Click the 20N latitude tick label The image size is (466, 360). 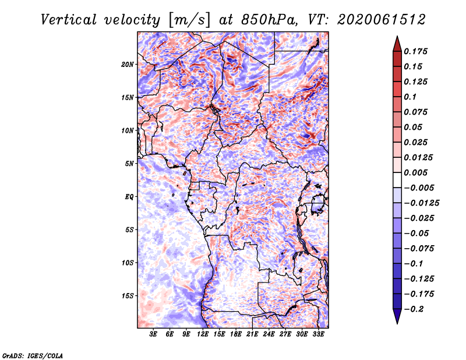point(128,65)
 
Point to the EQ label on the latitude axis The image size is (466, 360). point(129,197)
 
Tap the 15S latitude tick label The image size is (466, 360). point(128,296)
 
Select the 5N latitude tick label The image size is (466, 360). point(129,164)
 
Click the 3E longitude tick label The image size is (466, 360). point(153,334)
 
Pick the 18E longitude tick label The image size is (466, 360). point(236,334)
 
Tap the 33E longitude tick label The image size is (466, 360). point(318,334)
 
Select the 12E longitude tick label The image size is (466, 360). point(203,334)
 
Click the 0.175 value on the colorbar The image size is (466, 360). point(415,51)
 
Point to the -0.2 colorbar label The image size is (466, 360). point(414,309)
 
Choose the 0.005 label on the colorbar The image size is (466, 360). point(415,172)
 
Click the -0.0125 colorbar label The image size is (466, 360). point(421,203)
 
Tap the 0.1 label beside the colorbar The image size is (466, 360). point(410,97)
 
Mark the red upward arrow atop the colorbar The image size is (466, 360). point(397,44)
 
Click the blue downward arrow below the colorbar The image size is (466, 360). point(397,316)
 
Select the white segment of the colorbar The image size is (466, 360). point(397,180)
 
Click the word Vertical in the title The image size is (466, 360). point(69,20)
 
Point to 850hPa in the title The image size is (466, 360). point(270,20)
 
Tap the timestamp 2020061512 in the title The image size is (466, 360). point(382,20)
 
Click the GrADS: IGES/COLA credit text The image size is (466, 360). point(33,355)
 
